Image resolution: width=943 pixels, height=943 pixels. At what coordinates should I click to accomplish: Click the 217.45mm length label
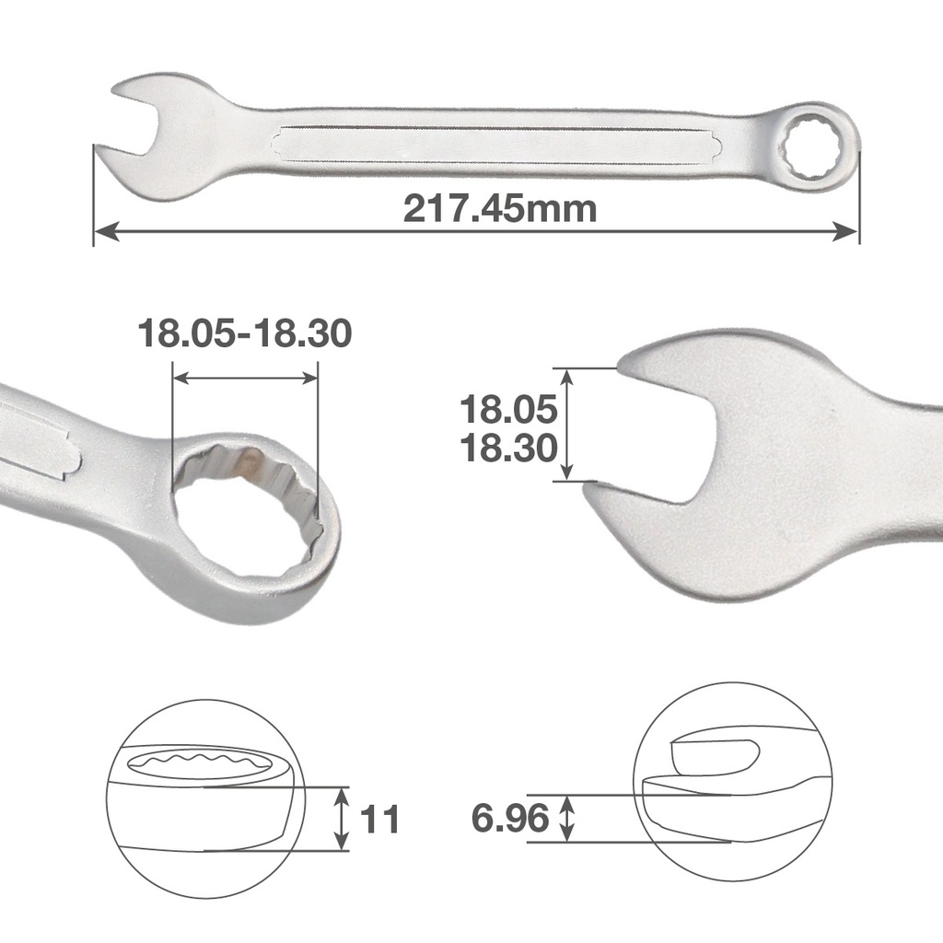(500, 210)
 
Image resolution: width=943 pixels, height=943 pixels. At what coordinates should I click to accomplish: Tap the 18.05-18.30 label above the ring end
(244, 333)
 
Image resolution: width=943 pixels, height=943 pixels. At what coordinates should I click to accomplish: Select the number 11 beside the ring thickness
(380, 819)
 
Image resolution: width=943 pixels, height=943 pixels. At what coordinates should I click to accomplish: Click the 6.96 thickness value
(510, 818)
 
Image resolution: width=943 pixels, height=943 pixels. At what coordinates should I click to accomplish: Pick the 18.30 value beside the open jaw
(508, 448)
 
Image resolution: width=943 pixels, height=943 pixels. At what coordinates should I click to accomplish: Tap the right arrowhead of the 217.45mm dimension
(848, 231)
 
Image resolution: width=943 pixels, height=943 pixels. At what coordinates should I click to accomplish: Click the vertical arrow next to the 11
(342, 819)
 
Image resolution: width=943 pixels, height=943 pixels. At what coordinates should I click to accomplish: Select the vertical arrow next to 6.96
(568, 818)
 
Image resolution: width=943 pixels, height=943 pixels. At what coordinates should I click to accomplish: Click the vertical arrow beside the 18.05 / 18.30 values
(566, 425)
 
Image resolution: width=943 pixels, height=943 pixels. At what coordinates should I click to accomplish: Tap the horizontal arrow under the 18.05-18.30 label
(245, 378)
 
